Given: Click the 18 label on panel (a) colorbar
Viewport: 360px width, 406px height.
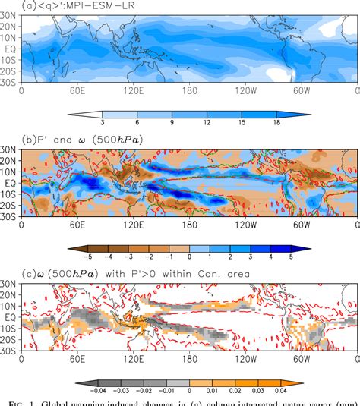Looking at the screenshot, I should pos(300,121).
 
